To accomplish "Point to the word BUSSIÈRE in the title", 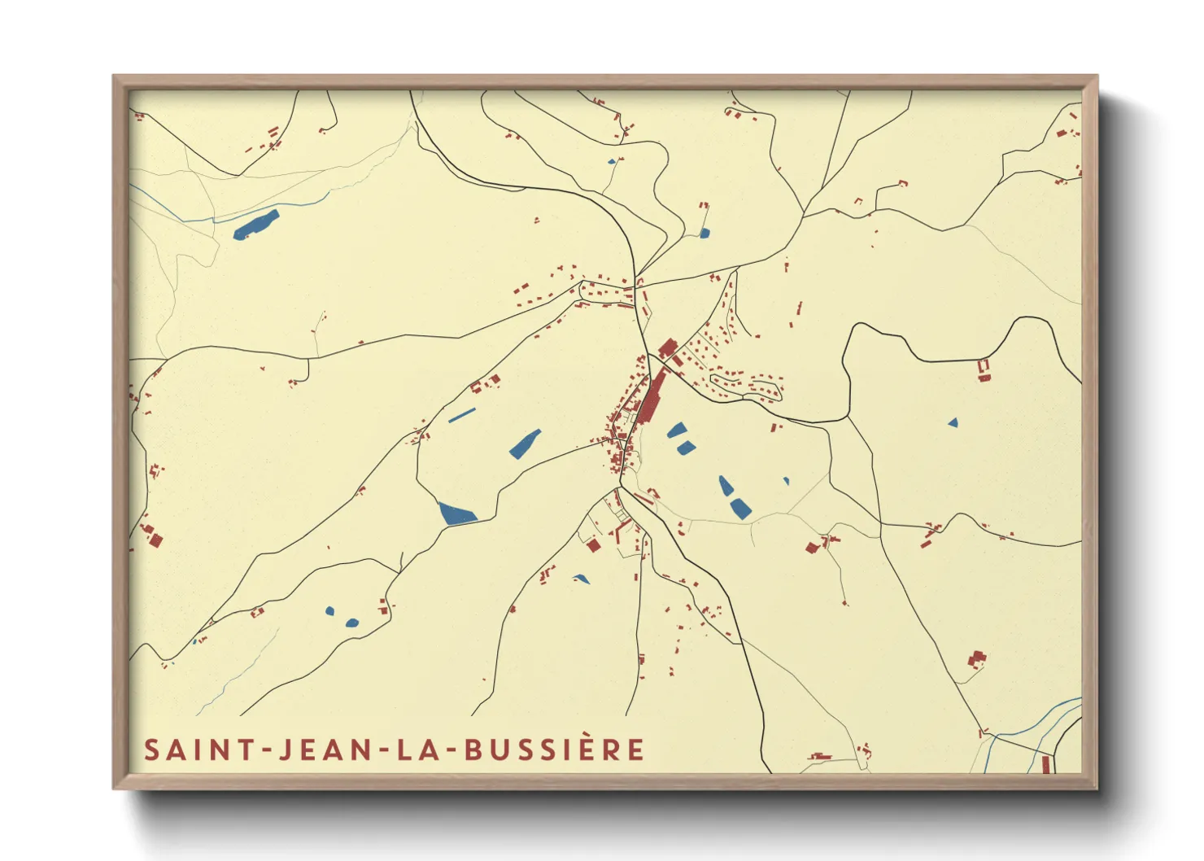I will tap(555, 750).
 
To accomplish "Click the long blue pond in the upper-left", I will tap(255, 225).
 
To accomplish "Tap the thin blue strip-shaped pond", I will tap(461, 415).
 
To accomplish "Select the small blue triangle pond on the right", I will tap(953, 422).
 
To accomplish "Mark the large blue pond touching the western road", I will tap(457, 514).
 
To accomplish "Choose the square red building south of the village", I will tap(594, 546).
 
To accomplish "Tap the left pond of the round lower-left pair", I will tap(329, 610).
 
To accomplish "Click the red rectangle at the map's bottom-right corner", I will tap(1045, 764).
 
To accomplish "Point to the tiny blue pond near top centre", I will tap(611, 161).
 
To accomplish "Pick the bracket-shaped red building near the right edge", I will tap(984, 370).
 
